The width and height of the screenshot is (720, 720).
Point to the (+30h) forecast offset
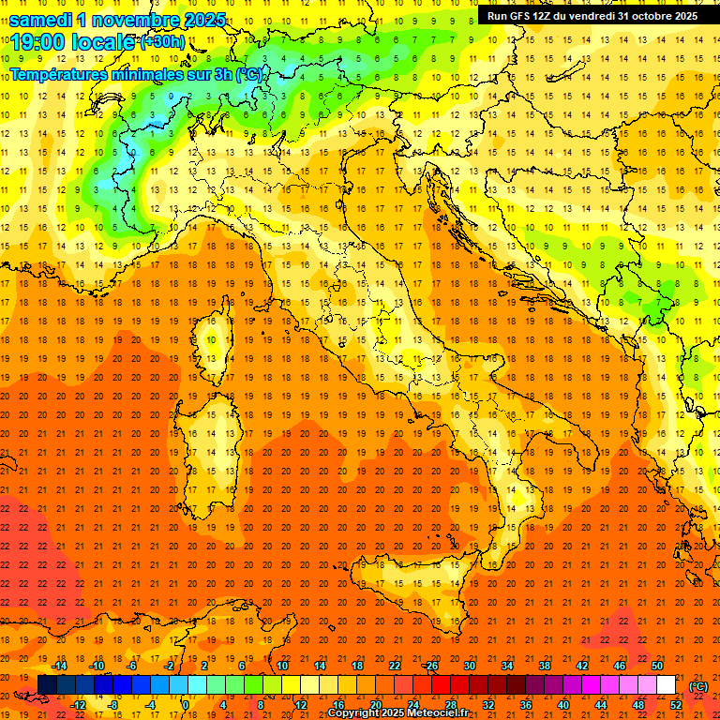coord(162,42)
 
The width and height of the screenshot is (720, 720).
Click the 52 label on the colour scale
coord(676,704)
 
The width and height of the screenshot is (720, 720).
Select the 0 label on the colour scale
coord(186,704)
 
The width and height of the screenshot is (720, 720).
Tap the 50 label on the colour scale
coord(657,666)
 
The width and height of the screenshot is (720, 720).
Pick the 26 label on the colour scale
coord(431,666)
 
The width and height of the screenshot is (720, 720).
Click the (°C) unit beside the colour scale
coord(698,686)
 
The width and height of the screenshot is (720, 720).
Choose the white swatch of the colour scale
coord(667,685)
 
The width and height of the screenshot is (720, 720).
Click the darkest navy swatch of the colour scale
coord(47,685)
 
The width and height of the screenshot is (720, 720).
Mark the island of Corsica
coord(215,347)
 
